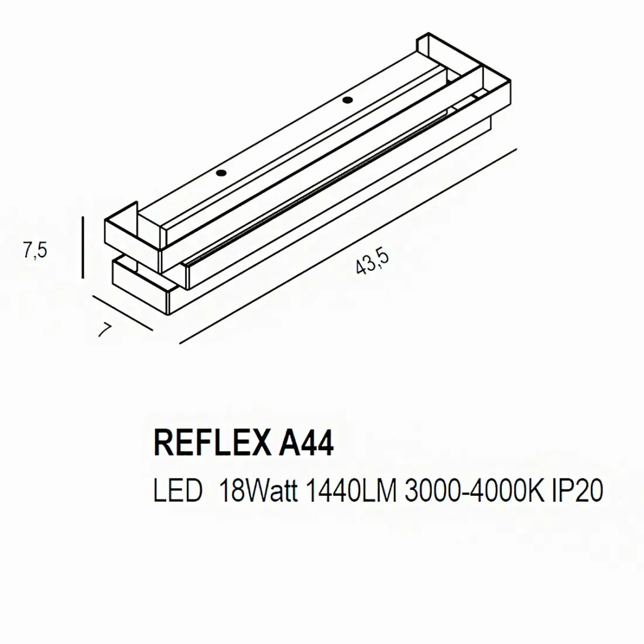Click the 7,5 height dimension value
pos(35,250)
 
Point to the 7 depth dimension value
pos(104,330)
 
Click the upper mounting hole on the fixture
pos(347,99)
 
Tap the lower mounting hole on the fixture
pos(221,173)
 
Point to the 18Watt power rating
pos(258,491)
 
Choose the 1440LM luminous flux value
pos(350,491)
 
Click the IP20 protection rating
pos(577,491)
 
